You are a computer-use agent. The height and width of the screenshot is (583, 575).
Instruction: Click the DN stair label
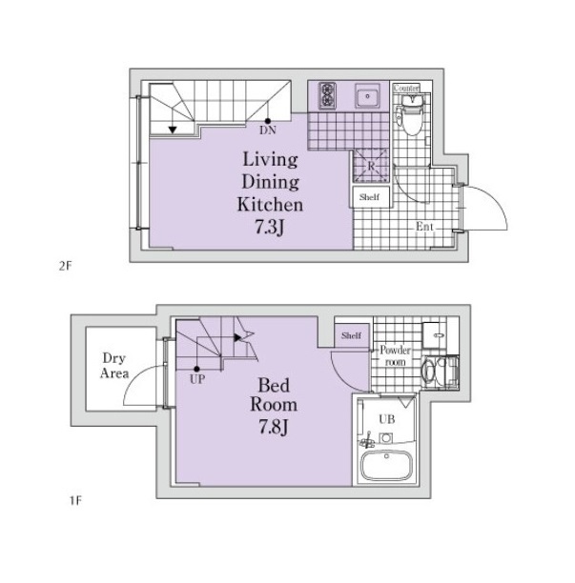pos(268,131)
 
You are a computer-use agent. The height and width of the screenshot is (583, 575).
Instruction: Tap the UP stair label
pos(197,379)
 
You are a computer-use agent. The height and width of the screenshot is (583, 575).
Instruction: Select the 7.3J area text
pos(270,227)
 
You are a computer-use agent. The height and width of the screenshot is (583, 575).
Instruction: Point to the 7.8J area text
pos(274,427)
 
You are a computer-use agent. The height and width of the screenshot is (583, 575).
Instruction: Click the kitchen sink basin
pos(367,96)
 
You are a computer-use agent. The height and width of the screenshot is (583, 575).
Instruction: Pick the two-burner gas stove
pos(327,95)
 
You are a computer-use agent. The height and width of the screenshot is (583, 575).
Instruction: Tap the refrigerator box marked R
pos(371,166)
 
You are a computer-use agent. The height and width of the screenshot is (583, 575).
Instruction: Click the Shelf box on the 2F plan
pos(370,196)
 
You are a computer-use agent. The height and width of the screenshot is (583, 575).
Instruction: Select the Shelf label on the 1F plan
pos(351,335)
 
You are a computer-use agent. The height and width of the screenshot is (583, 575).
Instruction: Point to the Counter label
pos(406,89)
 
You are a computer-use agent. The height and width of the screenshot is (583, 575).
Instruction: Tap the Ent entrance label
pos(424,227)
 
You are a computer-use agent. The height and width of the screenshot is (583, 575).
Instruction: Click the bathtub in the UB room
pos(387,465)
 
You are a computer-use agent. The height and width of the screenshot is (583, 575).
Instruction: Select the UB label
pos(387,419)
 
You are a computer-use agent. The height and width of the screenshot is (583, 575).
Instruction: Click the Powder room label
pos(395,356)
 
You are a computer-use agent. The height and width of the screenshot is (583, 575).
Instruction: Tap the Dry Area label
pos(114,366)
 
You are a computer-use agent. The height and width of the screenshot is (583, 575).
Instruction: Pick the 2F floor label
pos(65,266)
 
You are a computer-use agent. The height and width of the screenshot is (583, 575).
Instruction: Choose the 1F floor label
pos(75,500)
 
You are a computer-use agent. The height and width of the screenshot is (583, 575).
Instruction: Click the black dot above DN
pos(268,121)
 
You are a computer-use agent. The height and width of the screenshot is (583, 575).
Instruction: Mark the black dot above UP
pos(196,370)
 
